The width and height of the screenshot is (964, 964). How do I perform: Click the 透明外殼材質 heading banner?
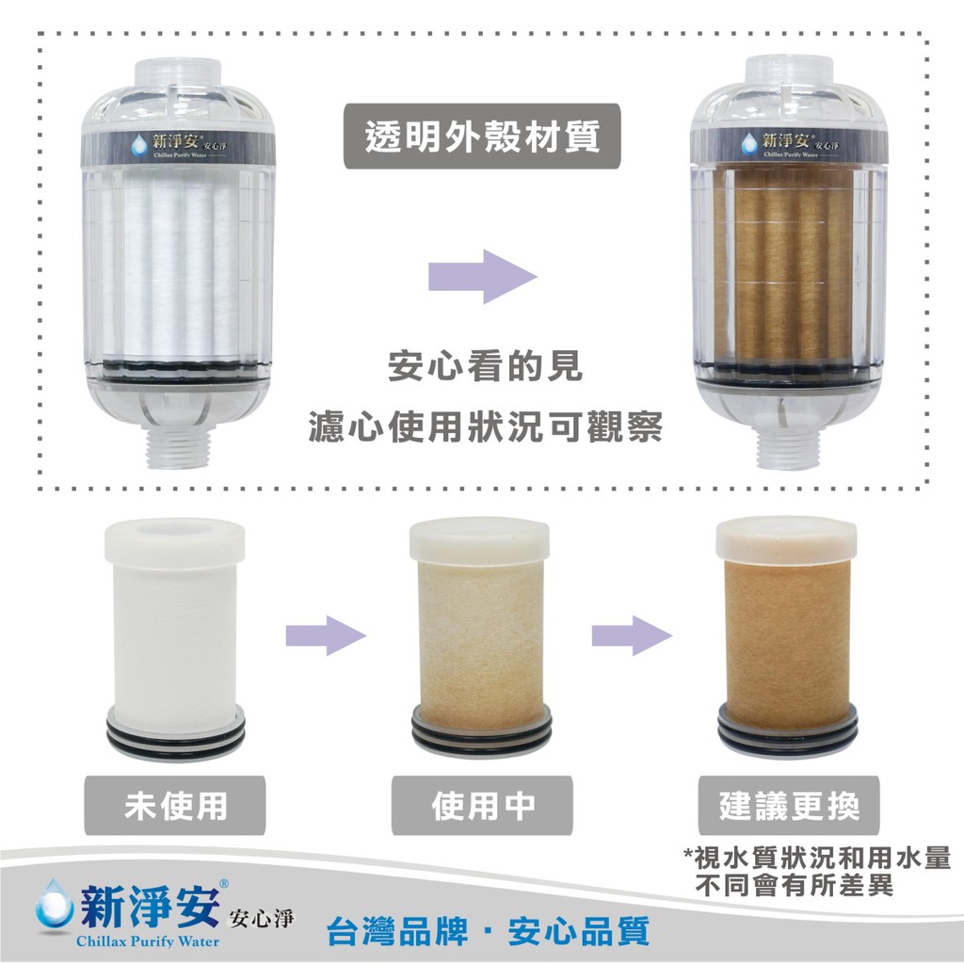coord(482,136)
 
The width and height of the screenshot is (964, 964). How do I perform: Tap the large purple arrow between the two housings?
coord(483,277)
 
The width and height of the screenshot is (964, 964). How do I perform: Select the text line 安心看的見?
coord(485,366)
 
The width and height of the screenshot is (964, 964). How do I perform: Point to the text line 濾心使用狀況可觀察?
coord(485,426)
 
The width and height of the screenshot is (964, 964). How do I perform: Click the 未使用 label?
coord(175,806)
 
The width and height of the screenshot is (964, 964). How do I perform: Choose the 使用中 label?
coord(483,806)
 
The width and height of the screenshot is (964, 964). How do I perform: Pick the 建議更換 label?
coord(789,806)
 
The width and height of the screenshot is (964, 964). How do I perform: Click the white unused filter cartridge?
coord(175,638)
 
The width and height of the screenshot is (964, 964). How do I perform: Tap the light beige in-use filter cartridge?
coord(480,637)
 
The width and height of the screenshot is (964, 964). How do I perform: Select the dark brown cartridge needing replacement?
coord(787,637)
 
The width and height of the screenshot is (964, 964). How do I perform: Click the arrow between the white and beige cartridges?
coord(326,635)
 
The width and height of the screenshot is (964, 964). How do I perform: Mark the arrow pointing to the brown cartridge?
coord(632,635)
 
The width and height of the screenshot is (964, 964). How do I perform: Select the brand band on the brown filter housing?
coord(789,146)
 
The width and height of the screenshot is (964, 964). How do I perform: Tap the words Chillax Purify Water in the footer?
coord(148,941)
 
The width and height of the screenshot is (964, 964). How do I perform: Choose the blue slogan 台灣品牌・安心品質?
coord(488,931)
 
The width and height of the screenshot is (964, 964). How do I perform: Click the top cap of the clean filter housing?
coord(178,72)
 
